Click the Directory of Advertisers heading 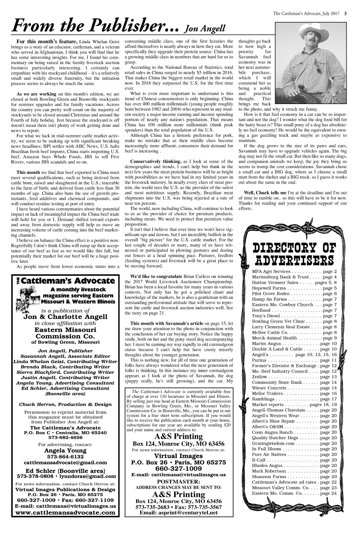tap(294, 254)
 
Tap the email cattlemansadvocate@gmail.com tap(65, 463)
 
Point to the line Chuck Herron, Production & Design tap(65, 404)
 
